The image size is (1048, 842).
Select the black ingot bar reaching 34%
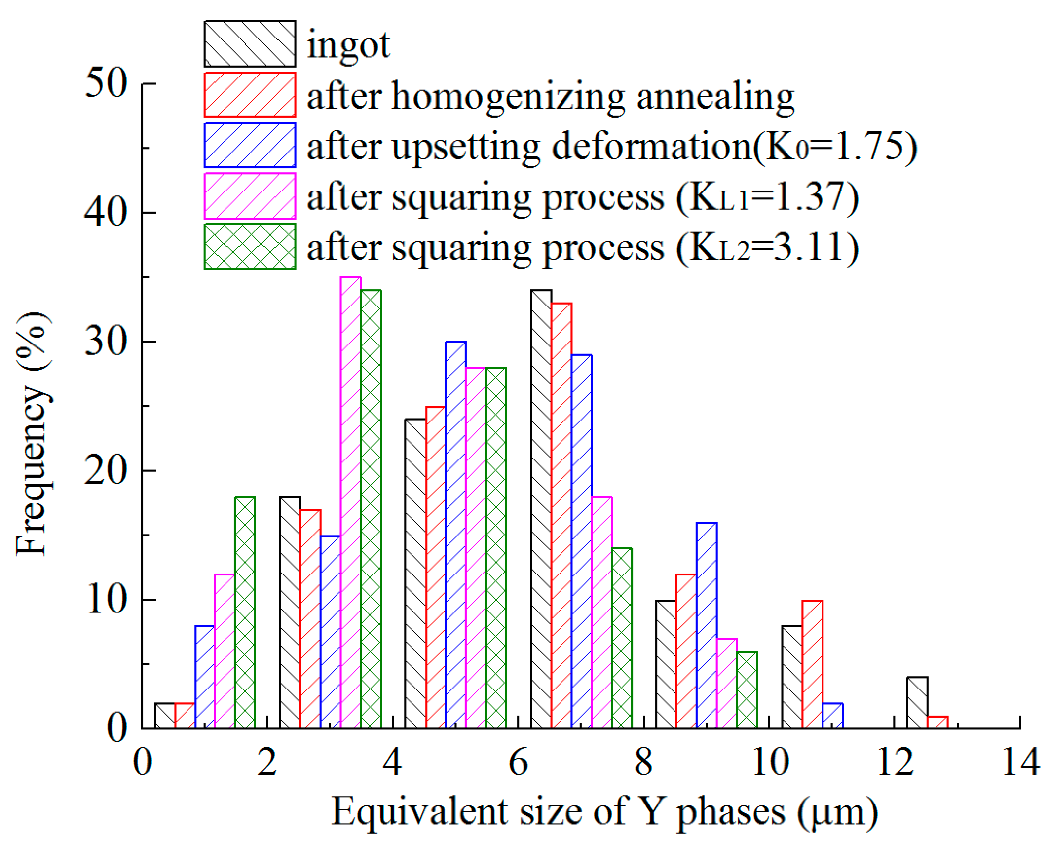click(541, 509)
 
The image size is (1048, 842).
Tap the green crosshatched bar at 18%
click(245, 612)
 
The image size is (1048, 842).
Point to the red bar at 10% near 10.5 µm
click(812, 664)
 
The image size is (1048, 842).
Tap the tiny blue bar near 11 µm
click(832, 716)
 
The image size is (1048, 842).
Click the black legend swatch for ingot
click(250, 44)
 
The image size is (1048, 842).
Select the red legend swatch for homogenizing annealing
click(250, 95)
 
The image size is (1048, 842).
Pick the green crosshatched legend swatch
click(250, 246)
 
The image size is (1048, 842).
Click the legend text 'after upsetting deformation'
click(528, 147)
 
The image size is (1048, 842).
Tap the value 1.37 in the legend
click(809, 197)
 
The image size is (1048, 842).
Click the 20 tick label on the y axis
click(106, 470)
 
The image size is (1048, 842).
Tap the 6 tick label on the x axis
click(519, 763)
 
